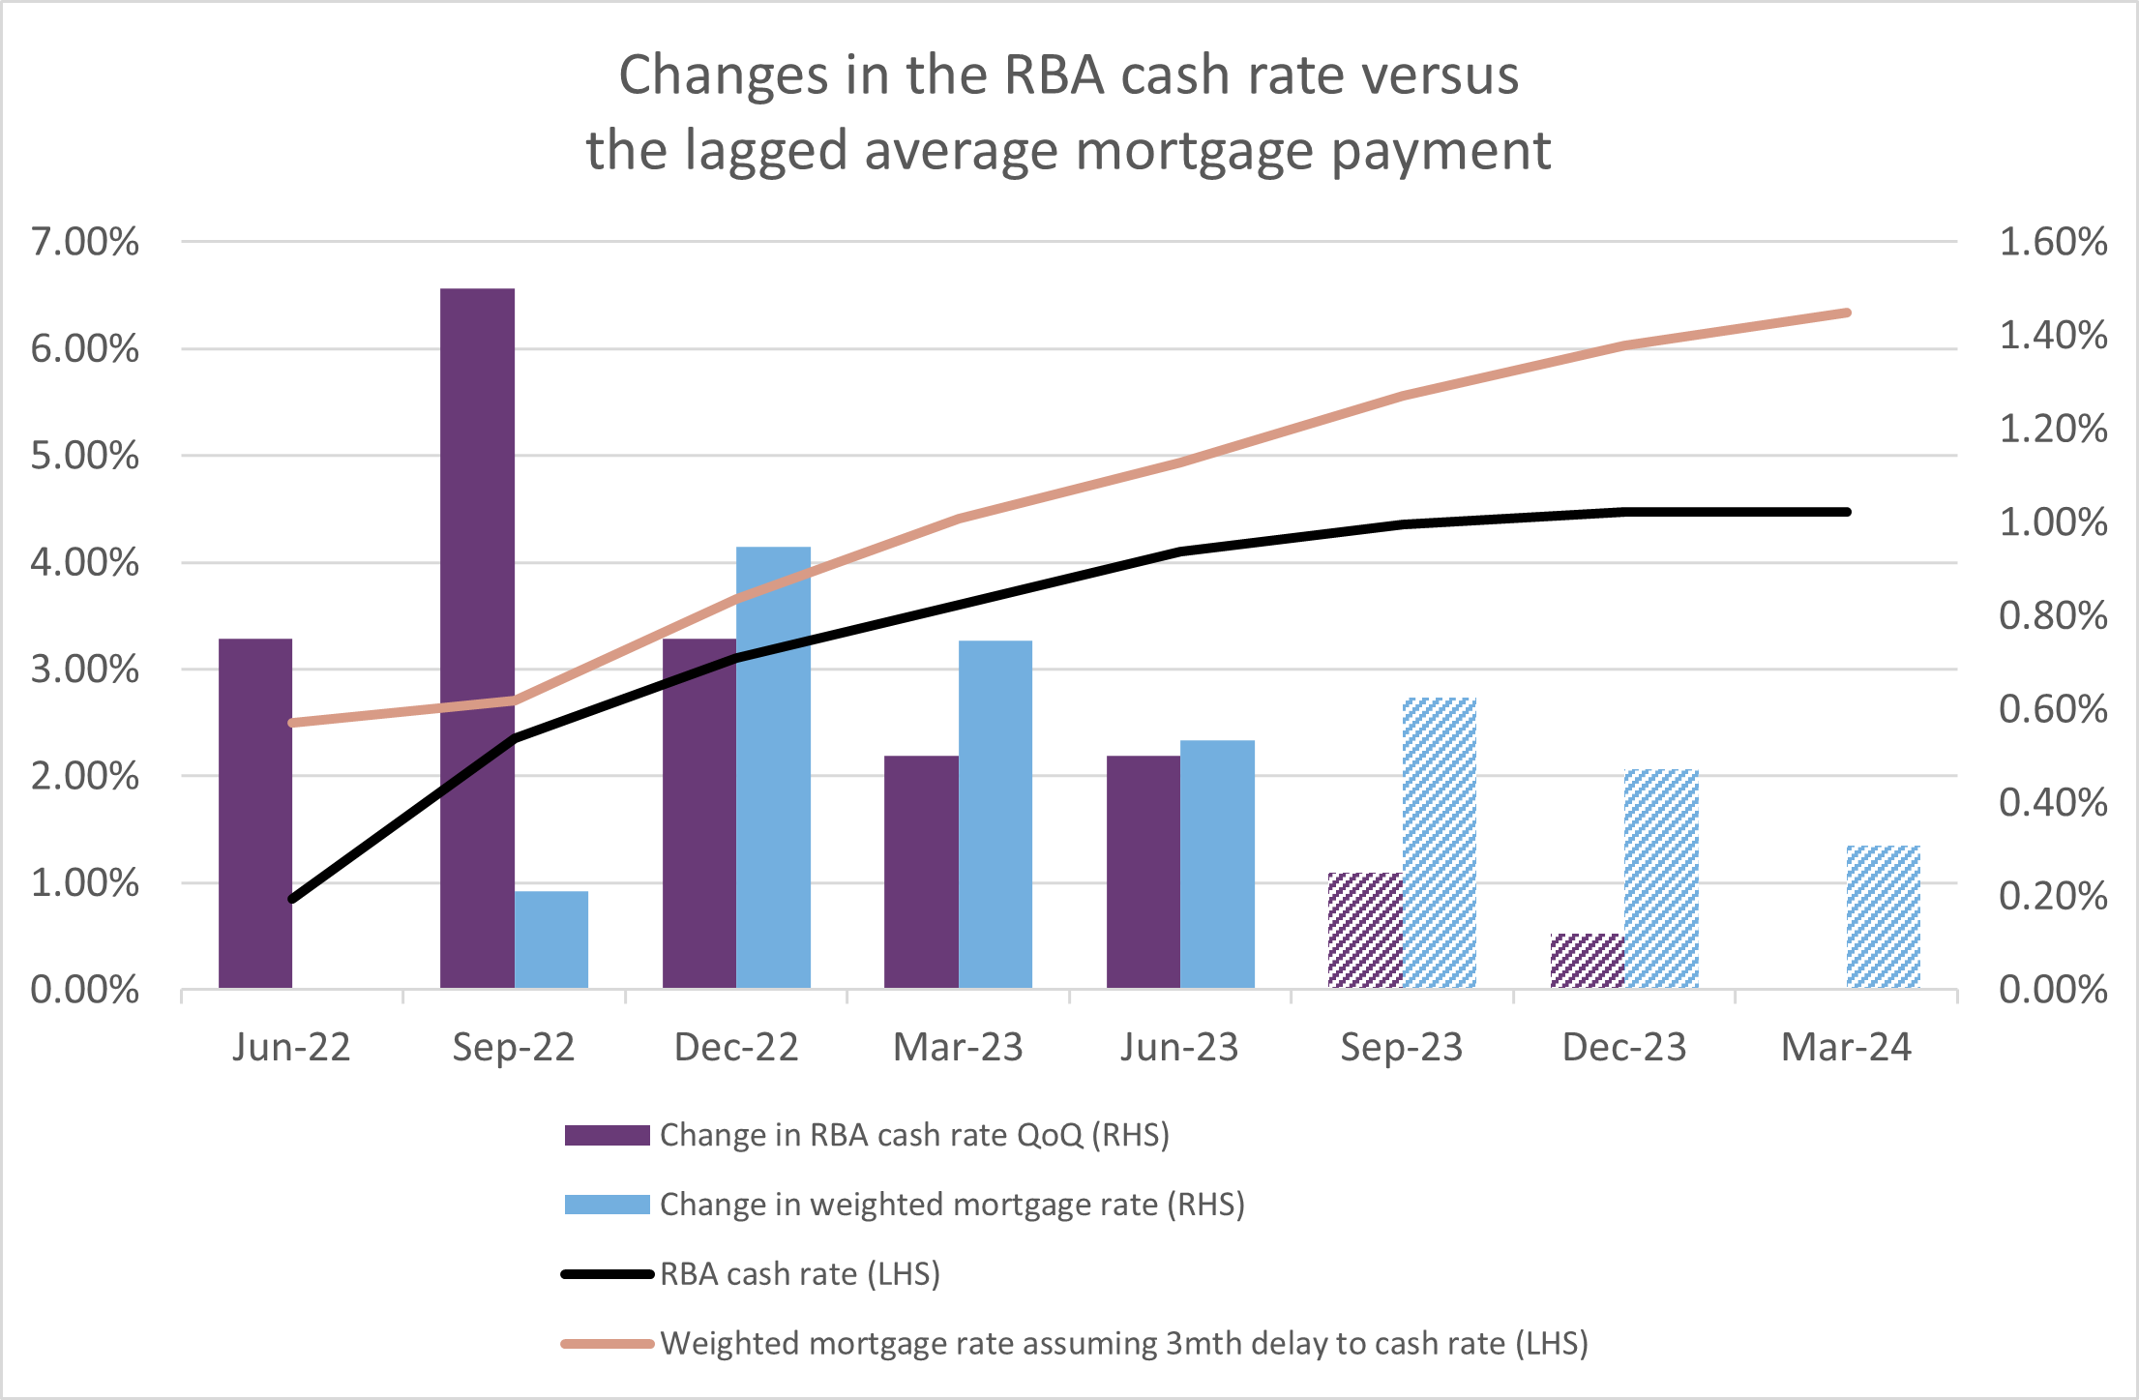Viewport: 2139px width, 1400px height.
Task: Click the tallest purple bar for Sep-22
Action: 477,639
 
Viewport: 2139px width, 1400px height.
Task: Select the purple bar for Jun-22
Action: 255,813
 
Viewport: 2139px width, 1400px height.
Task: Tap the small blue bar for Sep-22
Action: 551,939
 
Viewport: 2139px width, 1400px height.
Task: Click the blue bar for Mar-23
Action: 995,814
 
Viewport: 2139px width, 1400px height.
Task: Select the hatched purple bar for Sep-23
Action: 1365,930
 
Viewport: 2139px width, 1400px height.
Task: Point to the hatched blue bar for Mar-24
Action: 1883,916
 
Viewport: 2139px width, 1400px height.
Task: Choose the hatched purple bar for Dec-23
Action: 1588,961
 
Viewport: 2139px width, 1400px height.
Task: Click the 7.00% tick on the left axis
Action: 85,242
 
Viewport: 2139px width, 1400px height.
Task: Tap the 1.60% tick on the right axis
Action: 2053,242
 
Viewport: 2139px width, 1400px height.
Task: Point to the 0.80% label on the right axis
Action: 2053,615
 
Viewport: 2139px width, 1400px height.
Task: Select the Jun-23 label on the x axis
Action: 1179,1048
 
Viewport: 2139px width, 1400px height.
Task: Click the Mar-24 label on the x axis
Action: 1846,1048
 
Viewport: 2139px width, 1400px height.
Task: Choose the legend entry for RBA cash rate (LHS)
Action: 799,1274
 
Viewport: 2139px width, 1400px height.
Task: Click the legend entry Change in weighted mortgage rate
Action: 952,1205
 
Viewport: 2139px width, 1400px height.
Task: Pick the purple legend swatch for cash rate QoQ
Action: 607,1135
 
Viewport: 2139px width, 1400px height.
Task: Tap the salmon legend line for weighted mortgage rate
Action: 608,1344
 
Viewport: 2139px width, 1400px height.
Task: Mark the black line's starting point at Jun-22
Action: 292,899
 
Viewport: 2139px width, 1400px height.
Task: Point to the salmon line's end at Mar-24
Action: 1847,313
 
